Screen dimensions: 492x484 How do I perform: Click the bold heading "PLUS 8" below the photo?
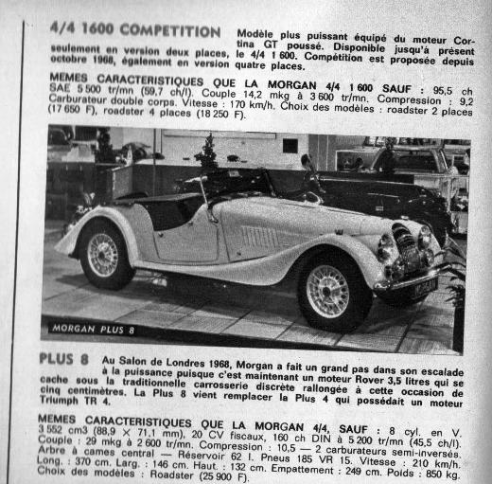tap(64, 360)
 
